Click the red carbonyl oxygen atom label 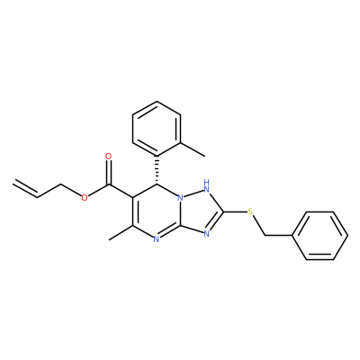click(x=109, y=157)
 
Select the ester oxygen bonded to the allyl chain click(x=85, y=197)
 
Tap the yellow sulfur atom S click(x=250, y=211)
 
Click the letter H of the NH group click(x=206, y=182)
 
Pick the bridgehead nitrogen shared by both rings click(x=180, y=198)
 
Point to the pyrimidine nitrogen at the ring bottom click(x=156, y=239)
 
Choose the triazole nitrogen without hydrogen click(x=206, y=233)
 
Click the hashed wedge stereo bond click(x=157, y=170)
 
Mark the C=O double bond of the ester click(x=109, y=173)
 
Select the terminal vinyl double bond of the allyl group click(x=25, y=187)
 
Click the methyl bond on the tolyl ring click(x=193, y=148)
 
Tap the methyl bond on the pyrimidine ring click(x=121, y=232)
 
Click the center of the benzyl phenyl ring click(x=320, y=236)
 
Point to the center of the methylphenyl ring click(x=157, y=129)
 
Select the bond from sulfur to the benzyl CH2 click(x=259, y=226)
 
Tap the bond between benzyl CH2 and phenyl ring click(x=279, y=236)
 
